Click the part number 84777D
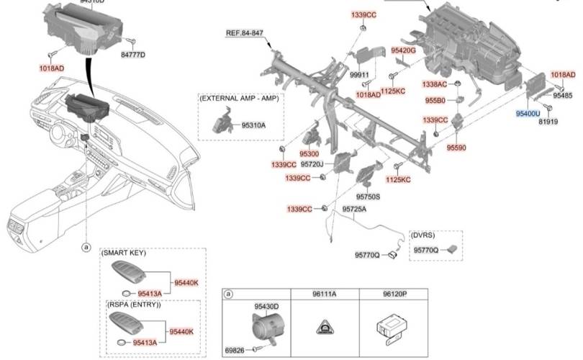(133, 55)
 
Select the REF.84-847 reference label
(245, 33)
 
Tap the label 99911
(359, 75)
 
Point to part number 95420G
(404, 50)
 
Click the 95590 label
(456, 147)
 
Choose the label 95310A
(253, 125)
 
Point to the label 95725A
(354, 209)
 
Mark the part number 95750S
(368, 196)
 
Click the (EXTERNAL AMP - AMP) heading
(239, 97)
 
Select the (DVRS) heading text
(422, 235)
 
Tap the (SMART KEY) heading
(123, 253)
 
